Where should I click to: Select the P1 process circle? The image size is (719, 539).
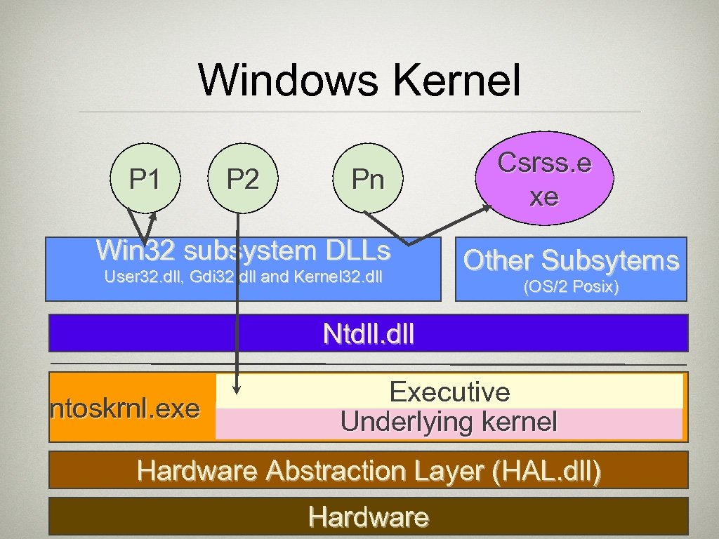(x=145, y=180)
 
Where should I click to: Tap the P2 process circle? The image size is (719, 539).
(x=242, y=180)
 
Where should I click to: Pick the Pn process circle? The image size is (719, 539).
(x=368, y=180)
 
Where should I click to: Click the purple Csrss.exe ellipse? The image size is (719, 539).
(x=544, y=180)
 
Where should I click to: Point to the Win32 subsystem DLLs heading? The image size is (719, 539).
(x=243, y=249)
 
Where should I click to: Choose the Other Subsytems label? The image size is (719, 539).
(x=571, y=260)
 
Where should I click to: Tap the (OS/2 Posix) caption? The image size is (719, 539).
(x=571, y=286)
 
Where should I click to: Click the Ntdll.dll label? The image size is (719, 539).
(x=368, y=333)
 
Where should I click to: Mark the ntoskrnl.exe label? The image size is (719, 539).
(x=125, y=408)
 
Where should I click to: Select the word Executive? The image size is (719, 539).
(x=449, y=392)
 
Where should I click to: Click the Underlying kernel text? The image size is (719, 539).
(x=449, y=422)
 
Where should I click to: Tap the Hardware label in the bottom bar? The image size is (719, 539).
(x=368, y=517)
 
